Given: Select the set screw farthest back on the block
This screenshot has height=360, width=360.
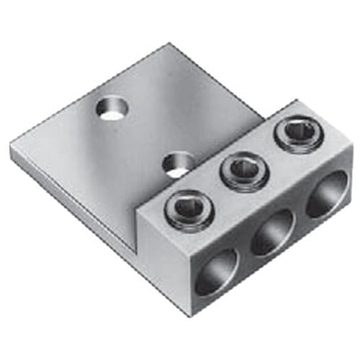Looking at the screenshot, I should tap(295, 133).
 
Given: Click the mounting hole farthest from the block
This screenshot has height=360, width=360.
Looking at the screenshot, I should tap(111, 109).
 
